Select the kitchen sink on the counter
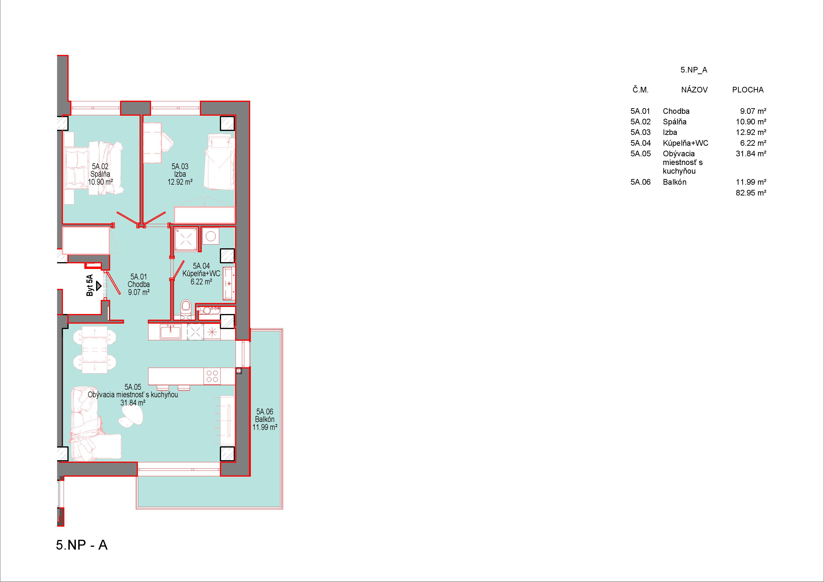pos(171,331)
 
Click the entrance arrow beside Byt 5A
pos(99,286)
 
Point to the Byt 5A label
pos(90,285)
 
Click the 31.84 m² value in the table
pos(751,153)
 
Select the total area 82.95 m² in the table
pos(751,193)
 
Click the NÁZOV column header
pos(694,90)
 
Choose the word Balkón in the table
pos(675,182)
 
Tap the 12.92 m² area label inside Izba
pos(180,182)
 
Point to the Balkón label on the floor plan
pos(265,419)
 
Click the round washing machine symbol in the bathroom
pos(211,236)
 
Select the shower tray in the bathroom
pos(186,238)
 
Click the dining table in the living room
pos(94,350)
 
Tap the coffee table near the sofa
pos(131,417)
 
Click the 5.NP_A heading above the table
pos(694,70)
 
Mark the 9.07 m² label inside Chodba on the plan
pos(139,292)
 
